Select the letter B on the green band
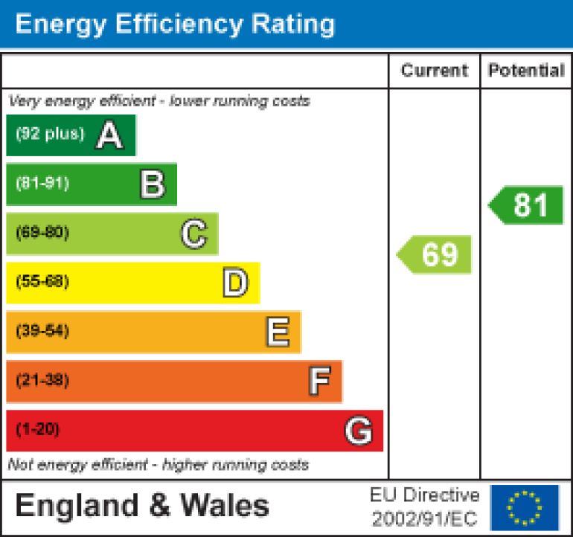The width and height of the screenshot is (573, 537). point(152,184)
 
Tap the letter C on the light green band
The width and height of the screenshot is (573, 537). point(193,234)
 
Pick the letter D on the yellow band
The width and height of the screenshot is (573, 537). point(235,283)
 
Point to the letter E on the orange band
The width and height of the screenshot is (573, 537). point(278,332)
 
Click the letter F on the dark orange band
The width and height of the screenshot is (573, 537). point(319,382)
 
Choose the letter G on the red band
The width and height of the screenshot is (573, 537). point(359,431)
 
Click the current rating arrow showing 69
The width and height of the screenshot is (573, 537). point(435,254)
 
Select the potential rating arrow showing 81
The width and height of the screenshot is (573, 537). point(527,205)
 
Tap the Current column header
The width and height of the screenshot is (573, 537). point(435,71)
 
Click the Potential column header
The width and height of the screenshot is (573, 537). point(526,71)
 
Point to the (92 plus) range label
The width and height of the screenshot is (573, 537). point(50,135)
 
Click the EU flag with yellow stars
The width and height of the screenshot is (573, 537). point(525,507)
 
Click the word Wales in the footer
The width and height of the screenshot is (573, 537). point(225,506)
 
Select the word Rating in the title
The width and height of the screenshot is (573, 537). point(292,24)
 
